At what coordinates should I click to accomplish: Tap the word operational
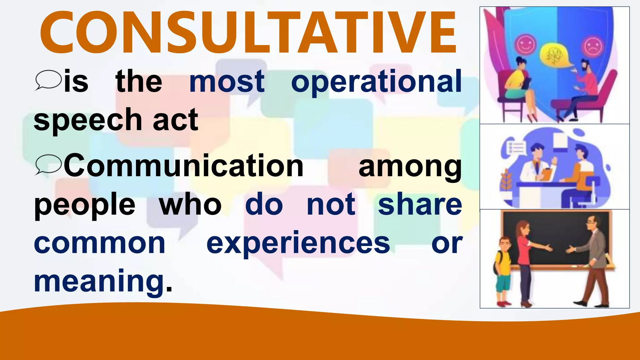(x=376, y=82)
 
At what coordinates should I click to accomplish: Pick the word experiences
(x=298, y=243)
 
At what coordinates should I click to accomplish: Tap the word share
(x=420, y=205)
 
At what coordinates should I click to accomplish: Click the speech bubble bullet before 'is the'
(x=48, y=80)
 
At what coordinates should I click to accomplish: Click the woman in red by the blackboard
(x=525, y=259)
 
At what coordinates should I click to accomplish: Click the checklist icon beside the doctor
(x=516, y=147)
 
